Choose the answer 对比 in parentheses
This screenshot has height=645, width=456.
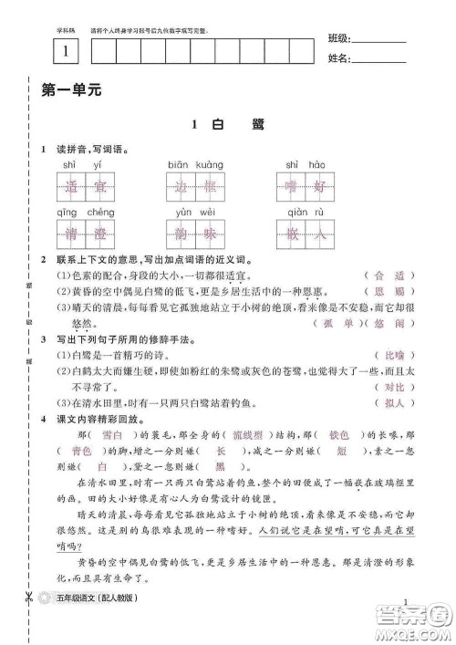coord(391,387)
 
